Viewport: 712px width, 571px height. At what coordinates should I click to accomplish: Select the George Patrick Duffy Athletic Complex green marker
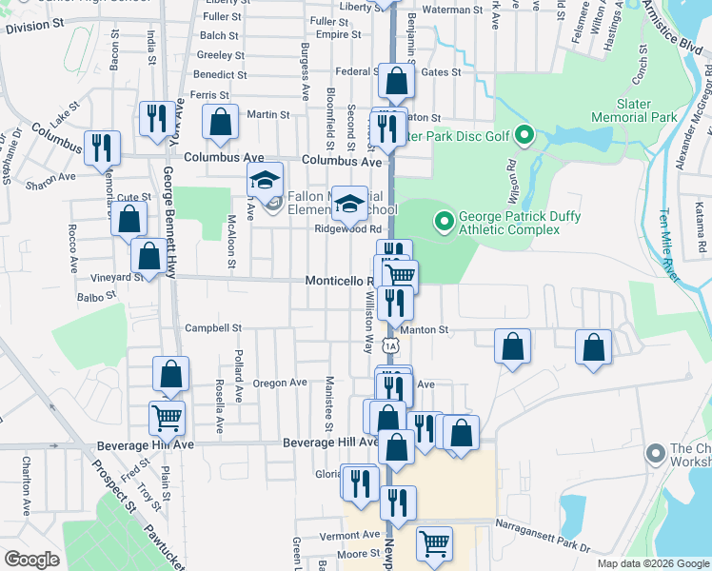pyautogui.click(x=442, y=222)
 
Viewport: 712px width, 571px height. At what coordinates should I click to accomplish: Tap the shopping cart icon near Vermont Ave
pyautogui.click(x=433, y=544)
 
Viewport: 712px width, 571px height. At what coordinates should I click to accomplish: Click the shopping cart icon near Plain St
pyautogui.click(x=167, y=417)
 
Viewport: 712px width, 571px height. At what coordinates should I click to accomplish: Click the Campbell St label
pyautogui.click(x=212, y=328)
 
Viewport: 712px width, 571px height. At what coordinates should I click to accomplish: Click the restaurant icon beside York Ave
pyautogui.click(x=157, y=118)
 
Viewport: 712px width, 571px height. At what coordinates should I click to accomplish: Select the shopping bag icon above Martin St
pyautogui.click(x=220, y=121)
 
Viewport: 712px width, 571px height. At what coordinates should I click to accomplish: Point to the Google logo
pyautogui.click(x=31, y=559)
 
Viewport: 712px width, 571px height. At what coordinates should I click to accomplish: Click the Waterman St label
pyautogui.click(x=452, y=10)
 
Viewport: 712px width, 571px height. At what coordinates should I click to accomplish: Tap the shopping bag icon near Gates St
pyautogui.click(x=396, y=81)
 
